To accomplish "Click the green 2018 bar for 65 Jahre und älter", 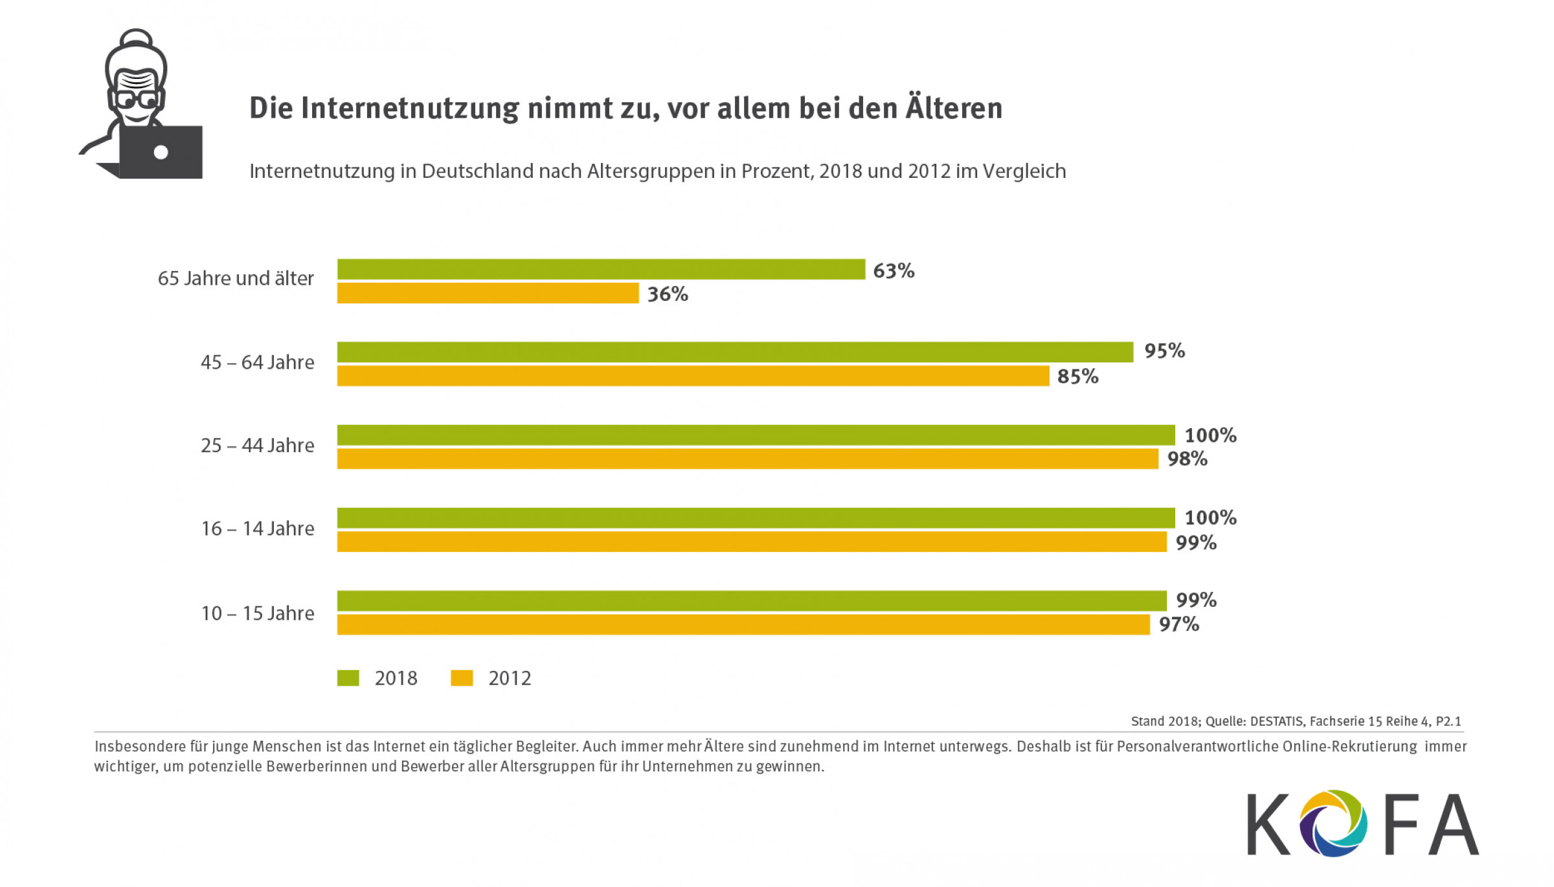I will point(601,269).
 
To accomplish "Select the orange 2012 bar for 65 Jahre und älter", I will point(488,293).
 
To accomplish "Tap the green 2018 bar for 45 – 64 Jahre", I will point(735,352).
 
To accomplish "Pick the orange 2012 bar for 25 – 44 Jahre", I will point(747,459).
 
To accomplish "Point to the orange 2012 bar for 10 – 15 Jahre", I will point(743,624).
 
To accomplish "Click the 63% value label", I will point(894,270).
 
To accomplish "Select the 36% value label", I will point(668,294).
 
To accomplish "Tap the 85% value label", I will point(1077,377).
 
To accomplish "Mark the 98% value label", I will point(1187,459).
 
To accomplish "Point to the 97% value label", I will point(1178,625).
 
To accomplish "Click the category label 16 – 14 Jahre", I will point(258,529).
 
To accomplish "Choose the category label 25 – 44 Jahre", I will point(258,446).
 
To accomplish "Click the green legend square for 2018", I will point(348,678).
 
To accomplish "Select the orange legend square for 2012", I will point(462,678).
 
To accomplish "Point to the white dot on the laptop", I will point(161,153).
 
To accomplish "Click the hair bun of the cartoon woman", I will point(136,38).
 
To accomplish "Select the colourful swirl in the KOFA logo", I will point(1333,824).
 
